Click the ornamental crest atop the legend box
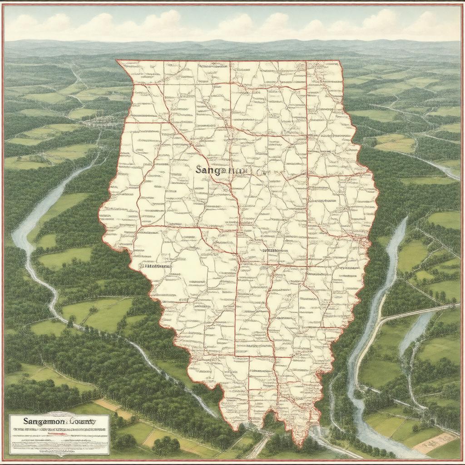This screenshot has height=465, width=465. pos(59,414)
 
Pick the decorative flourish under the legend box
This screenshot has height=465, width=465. pos(59,454)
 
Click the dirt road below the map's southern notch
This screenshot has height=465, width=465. pos(259,447)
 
